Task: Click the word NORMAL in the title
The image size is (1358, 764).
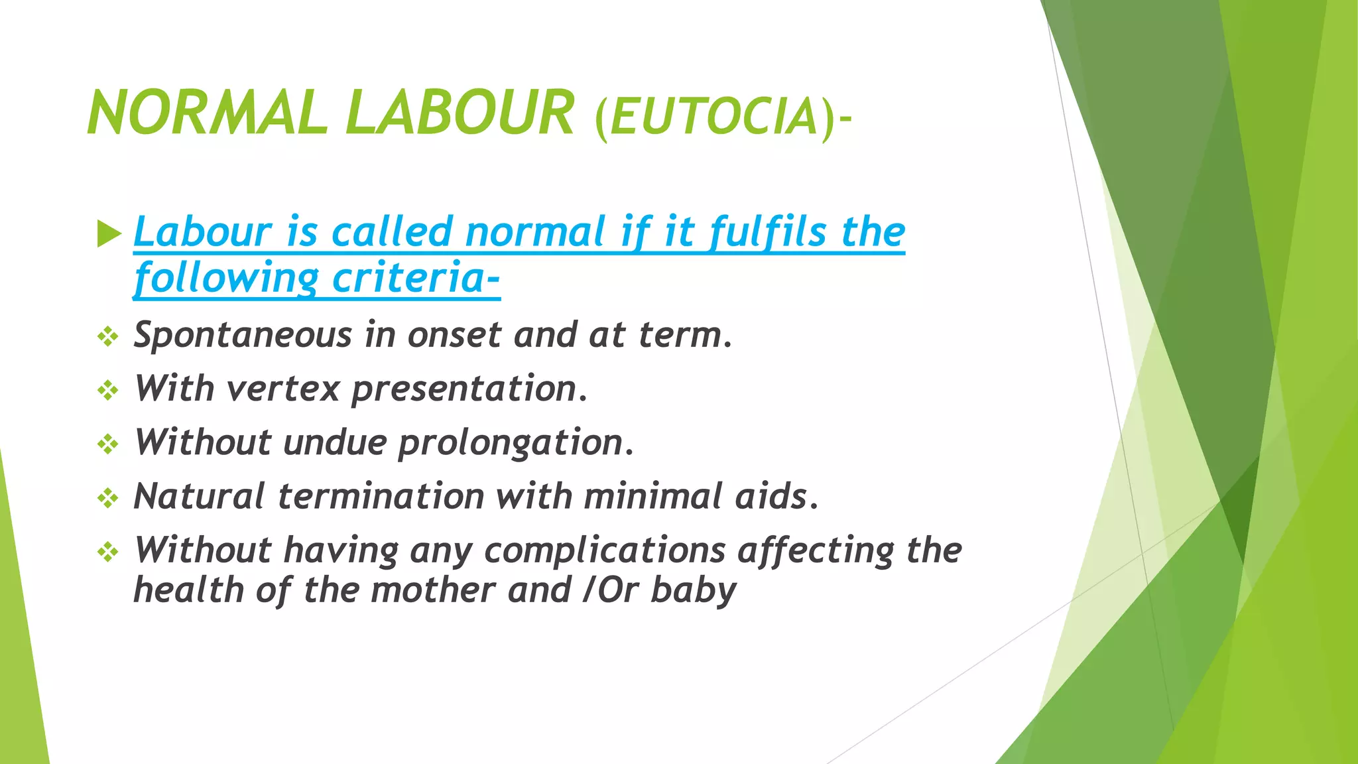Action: click(x=207, y=113)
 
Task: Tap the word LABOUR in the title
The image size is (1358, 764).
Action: click(x=459, y=113)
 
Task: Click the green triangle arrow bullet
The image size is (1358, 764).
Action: click(x=109, y=233)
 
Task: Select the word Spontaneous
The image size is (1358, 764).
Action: click(x=242, y=336)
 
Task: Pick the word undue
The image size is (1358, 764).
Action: click(x=334, y=442)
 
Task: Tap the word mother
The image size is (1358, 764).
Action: click(x=434, y=590)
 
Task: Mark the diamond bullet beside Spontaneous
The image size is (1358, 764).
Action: click(x=107, y=338)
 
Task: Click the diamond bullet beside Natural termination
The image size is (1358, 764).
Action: click(x=107, y=498)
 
